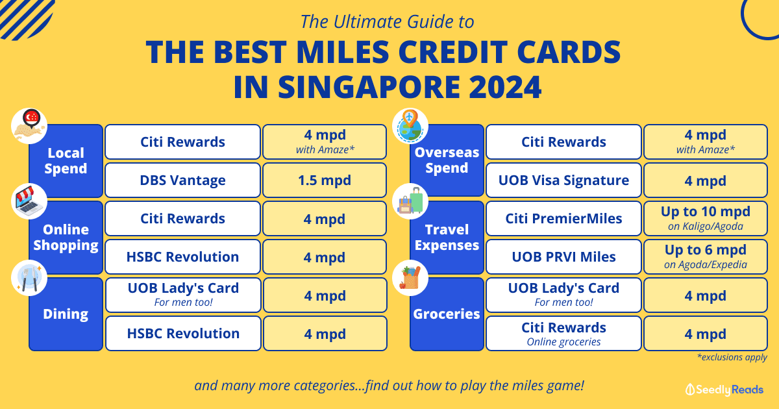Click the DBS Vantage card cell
click(182, 180)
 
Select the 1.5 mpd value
click(325, 180)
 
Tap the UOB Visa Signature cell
click(563, 180)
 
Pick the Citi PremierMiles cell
click(563, 218)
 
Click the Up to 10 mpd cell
click(705, 218)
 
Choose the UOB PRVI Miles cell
click(563, 256)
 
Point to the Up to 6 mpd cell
click(705, 256)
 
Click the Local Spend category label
click(66, 161)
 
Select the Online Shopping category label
click(66, 237)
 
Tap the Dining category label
click(66, 314)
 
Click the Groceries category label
click(447, 314)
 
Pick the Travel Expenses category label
click(447, 237)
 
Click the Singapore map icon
click(29, 126)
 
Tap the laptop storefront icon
click(29, 201)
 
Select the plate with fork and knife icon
click(29, 278)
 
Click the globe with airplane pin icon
click(410, 126)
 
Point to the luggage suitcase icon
click(410, 201)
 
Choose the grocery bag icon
click(410, 278)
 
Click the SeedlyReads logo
click(724, 390)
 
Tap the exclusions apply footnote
click(732, 357)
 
